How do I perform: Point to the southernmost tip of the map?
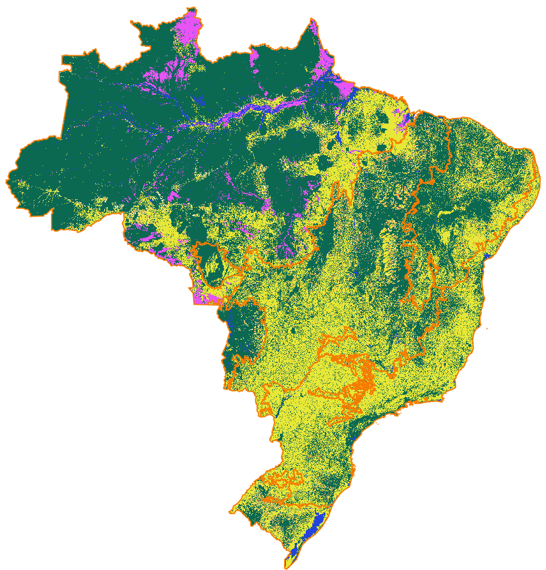tap(285, 567)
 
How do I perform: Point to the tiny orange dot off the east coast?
tap(487, 329)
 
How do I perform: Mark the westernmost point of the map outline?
tap(8, 180)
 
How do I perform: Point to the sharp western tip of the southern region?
tap(231, 512)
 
